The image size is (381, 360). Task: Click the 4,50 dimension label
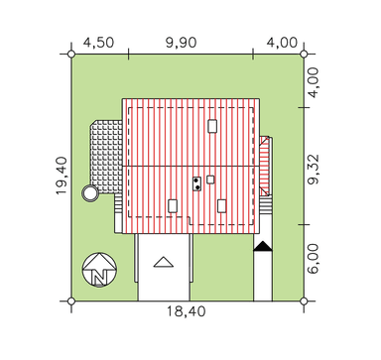click(98, 43)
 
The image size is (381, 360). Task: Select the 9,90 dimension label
click(182, 43)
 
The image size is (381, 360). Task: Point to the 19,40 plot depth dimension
click(62, 176)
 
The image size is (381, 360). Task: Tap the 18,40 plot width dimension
click(186, 311)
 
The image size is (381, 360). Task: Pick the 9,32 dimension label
click(313, 169)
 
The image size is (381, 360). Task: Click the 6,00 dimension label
click(313, 259)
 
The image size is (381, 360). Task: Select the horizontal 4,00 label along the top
click(282, 43)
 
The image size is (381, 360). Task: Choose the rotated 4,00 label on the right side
click(313, 82)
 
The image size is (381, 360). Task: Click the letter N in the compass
click(99, 277)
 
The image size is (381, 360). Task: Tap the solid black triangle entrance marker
click(263, 246)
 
